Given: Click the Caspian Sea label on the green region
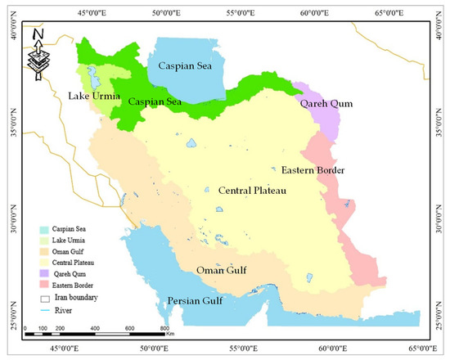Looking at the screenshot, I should coord(155,101).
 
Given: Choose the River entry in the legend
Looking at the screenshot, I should coord(61,308).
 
